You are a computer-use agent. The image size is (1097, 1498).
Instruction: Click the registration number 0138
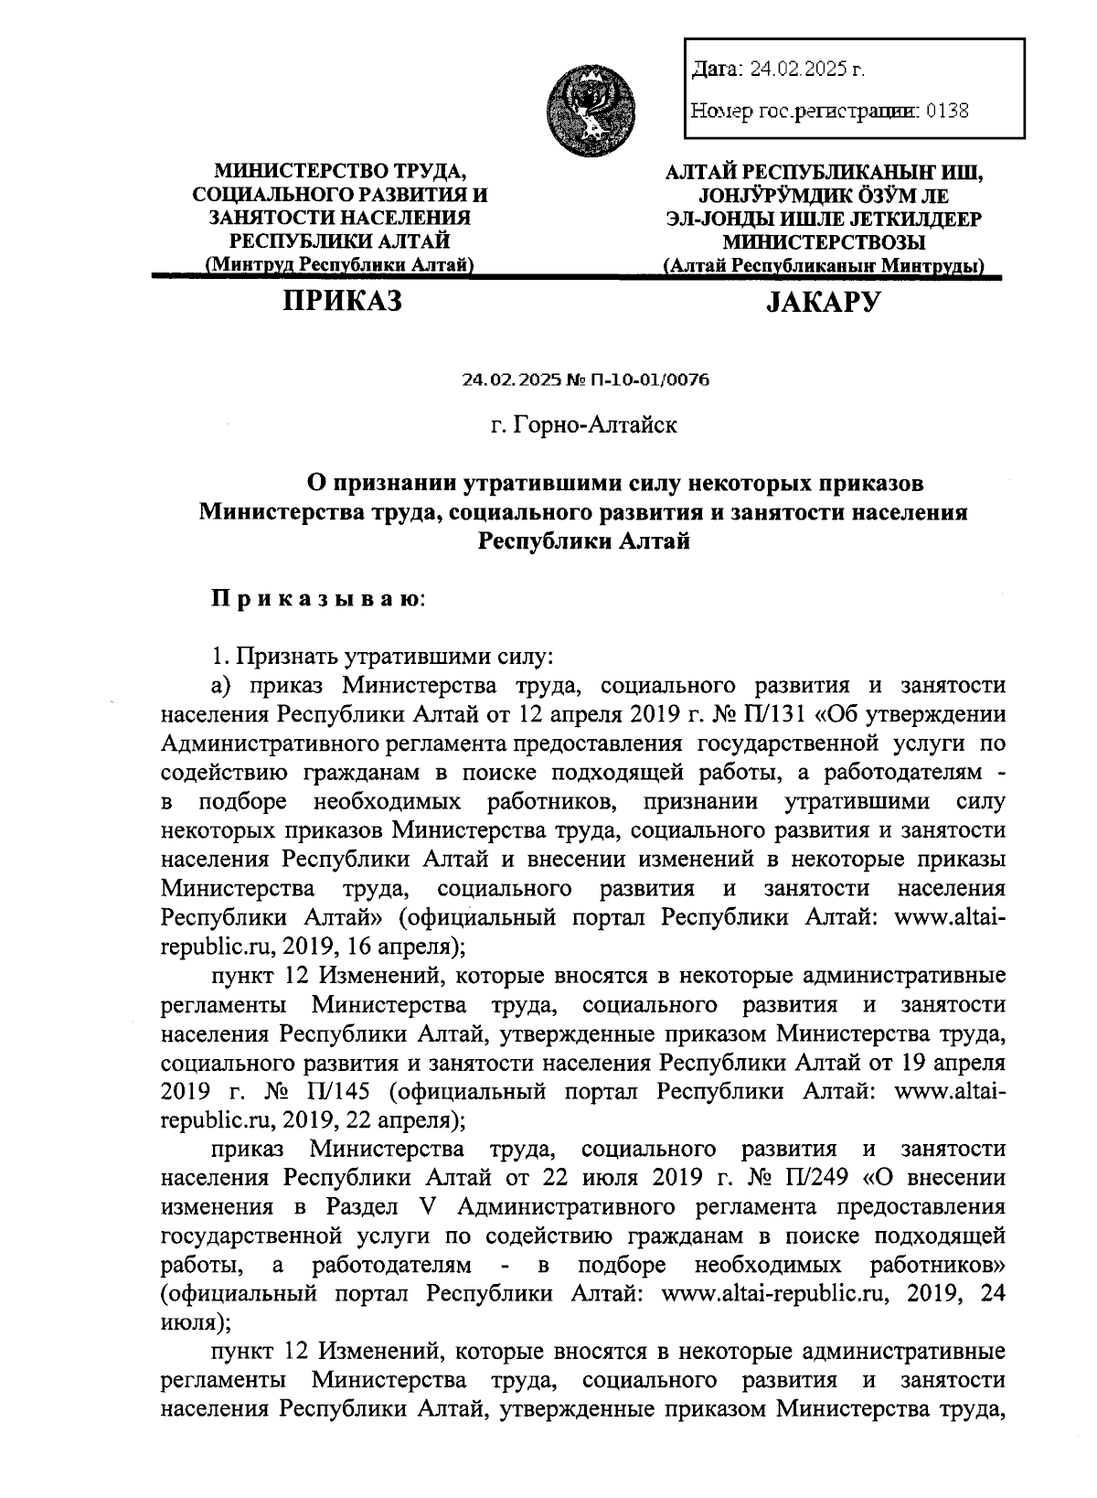[x=947, y=111]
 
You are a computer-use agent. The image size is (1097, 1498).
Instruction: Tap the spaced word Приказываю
[x=319, y=600]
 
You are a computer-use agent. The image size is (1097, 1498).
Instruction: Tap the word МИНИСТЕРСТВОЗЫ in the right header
[x=822, y=242]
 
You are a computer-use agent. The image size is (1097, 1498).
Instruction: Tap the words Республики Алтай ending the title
[x=583, y=541]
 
